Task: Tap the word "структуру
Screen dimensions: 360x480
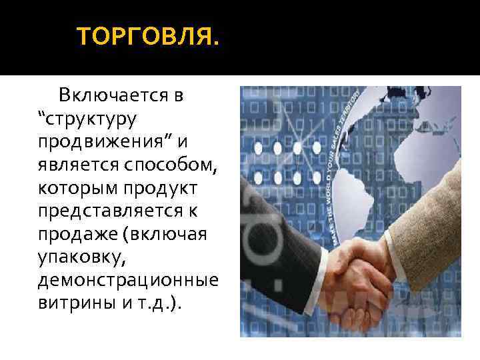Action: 87,121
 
